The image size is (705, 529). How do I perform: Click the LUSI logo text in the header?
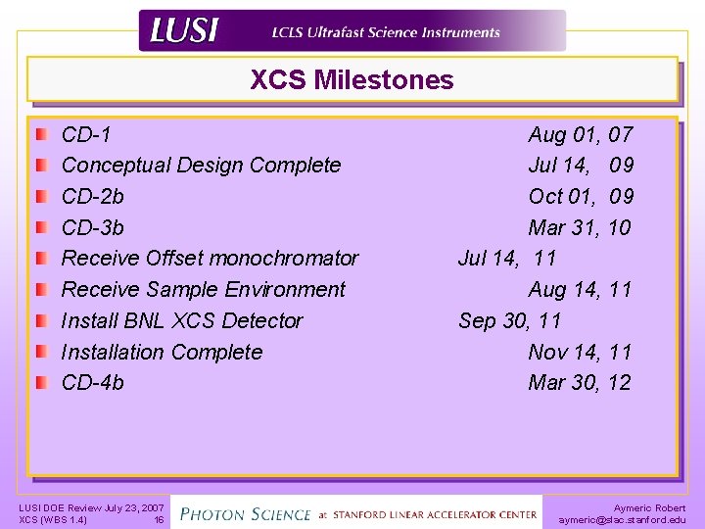tap(183, 32)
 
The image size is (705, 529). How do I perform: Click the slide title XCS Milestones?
tap(352, 80)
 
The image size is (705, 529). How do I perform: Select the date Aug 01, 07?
tap(580, 134)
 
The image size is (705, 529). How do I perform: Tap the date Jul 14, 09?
tap(580, 166)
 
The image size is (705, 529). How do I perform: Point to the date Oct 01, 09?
tap(580, 197)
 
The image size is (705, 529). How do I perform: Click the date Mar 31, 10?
tap(580, 228)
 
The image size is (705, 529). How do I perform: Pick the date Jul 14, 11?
tap(507, 259)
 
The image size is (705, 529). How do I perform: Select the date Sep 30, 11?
tap(510, 321)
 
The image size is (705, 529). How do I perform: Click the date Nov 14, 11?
tap(580, 353)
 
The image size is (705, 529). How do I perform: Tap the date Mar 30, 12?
tap(580, 383)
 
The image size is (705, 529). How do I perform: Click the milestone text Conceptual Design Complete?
tap(201, 166)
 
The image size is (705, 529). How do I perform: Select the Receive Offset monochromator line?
tap(210, 259)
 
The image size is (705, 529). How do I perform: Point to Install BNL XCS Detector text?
tap(181, 321)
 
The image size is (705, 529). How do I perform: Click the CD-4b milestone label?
tap(92, 383)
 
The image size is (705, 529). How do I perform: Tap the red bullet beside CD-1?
tap(40, 134)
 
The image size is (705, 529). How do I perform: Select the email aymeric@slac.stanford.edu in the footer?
tap(622, 520)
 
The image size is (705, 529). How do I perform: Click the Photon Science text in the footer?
tap(245, 513)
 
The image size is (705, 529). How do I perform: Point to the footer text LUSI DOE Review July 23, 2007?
tap(91, 507)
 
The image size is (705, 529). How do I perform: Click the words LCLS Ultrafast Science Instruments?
tap(386, 32)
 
